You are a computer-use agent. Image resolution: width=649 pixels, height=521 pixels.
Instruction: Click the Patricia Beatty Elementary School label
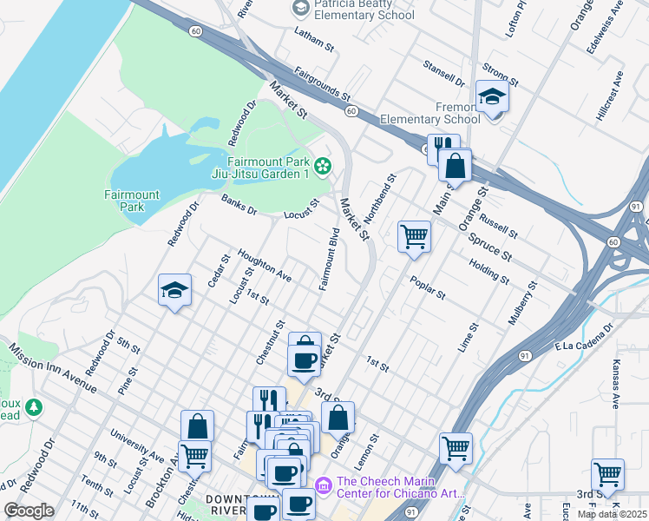(x=364, y=10)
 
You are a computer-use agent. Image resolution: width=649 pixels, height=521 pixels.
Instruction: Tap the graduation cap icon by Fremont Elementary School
(x=492, y=96)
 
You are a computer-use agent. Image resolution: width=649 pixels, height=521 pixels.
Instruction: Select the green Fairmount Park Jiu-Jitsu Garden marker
(x=323, y=165)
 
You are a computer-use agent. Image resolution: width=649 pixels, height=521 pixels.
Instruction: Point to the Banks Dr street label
(x=239, y=205)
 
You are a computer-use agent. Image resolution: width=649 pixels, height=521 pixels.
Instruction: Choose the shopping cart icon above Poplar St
(x=414, y=236)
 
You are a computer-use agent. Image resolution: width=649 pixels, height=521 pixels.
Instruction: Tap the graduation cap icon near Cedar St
(x=174, y=291)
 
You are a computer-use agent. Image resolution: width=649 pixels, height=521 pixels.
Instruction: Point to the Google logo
(x=29, y=511)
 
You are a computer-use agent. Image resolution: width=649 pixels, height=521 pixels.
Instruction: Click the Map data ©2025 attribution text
(x=612, y=514)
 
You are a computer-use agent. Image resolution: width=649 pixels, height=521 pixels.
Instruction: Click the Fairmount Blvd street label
(x=328, y=260)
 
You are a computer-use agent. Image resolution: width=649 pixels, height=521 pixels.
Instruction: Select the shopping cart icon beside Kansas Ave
(x=607, y=474)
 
